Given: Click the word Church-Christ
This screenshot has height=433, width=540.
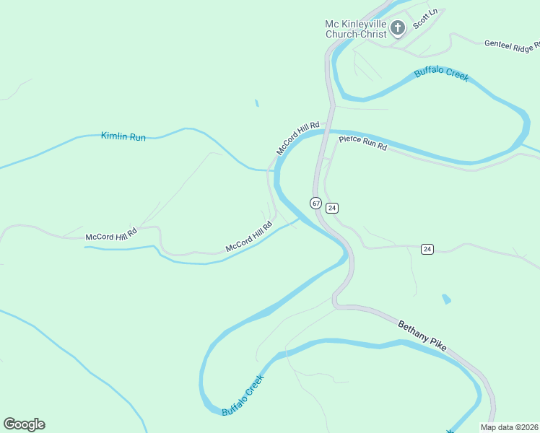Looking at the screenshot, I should click(356, 34).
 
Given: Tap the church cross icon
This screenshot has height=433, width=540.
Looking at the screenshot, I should click(397, 28).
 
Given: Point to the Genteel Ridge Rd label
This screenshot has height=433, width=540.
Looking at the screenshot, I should click(512, 47).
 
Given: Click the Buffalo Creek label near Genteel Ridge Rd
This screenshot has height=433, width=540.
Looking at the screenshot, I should click(441, 74).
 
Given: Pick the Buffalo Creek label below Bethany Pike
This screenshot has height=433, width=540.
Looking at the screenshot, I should click(243, 395).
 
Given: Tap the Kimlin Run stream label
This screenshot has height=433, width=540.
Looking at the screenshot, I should click(123, 136).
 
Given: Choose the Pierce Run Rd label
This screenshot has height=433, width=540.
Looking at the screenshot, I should click(363, 143).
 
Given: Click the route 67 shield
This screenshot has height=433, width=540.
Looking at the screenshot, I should click(316, 203).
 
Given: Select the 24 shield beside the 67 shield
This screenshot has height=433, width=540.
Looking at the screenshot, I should click(331, 208).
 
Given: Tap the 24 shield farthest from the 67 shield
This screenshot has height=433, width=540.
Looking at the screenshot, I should click(427, 249).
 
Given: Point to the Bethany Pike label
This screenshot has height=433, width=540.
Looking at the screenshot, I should click(422, 336).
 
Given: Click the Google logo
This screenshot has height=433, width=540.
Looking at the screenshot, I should click(24, 424).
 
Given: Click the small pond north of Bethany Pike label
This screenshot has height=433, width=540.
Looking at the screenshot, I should click(446, 298).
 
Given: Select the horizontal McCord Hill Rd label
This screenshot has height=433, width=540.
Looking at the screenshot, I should click(110, 236).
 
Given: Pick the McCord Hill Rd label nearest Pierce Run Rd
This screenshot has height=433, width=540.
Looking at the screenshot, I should click(297, 137).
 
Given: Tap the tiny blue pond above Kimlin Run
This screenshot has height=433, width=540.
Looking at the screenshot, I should click(256, 103).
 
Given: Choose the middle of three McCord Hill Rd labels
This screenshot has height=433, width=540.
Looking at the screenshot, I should click(248, 237).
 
